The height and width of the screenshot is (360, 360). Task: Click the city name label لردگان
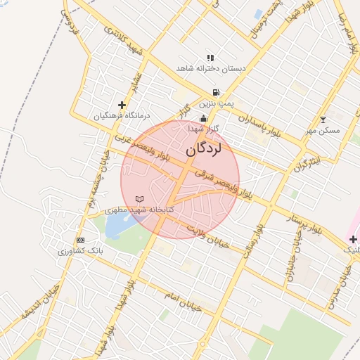point(204,150)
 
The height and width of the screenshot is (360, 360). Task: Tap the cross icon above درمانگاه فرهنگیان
point(122,104)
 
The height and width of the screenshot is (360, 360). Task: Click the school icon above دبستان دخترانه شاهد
point(210,58)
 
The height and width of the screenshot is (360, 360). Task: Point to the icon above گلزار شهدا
point(203,119)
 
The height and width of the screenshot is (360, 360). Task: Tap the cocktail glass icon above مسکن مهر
point(323,120)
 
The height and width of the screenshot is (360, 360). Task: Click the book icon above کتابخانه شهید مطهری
point(139,199)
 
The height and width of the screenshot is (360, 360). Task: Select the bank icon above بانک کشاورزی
point(79,240)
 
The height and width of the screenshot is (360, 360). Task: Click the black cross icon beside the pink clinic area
point(353,240)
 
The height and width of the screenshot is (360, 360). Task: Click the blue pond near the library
point(118,226)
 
